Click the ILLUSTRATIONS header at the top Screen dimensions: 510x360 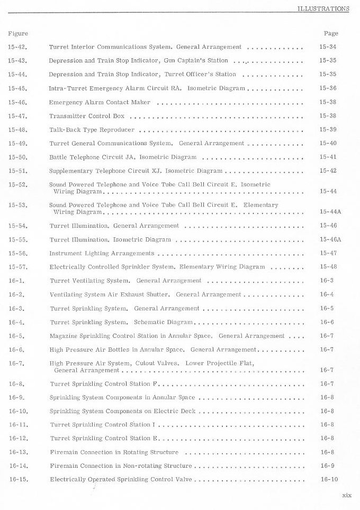(x=323, y=8)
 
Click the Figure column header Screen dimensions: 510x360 (x=18, y=33)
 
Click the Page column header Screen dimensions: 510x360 (x=330, y=33)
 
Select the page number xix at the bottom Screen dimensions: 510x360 (x=346, y=496)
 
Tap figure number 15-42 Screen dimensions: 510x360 (x=18, y=47)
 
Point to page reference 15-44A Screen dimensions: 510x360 (x=330, y=212)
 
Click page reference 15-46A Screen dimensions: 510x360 (x=330, y=239)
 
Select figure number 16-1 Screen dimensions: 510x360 (x=16, y=281)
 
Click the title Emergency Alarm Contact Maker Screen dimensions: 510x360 (x=100, y=102)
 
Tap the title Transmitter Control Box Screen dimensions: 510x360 (x=87, y=116)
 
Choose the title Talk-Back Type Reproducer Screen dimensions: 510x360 (x=92, y=130)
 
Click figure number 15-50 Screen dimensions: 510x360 (x=18, y=157)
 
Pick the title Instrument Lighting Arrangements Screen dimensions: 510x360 (x=102, y=253)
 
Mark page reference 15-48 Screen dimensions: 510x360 (x=328, y=267)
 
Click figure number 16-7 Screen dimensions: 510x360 (x=16, y=363)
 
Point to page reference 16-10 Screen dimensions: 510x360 (x=329, y=480)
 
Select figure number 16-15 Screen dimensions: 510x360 (x=18, y=480)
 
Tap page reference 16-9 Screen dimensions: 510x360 (x=327, y=466)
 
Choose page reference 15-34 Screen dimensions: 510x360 (x=328, y=47)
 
